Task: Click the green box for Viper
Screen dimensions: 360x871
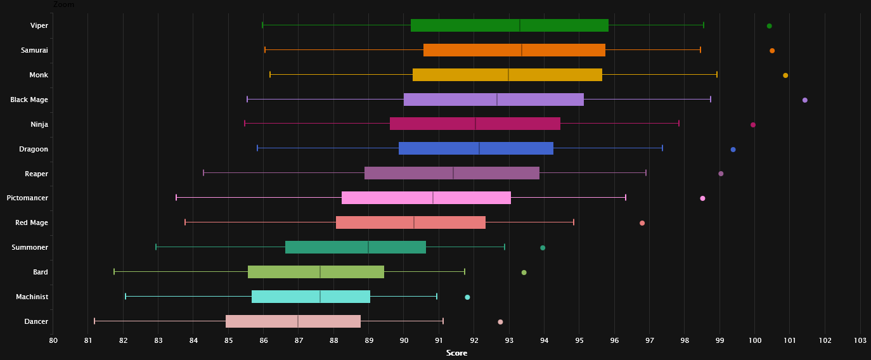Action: (509, 25)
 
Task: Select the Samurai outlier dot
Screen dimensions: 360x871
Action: (772, 51)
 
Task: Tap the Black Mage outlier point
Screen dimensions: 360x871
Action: (805, 100)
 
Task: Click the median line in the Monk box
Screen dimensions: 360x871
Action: (508, 75)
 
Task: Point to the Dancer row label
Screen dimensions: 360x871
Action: (36, 321)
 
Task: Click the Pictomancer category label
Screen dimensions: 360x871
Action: (27, 198)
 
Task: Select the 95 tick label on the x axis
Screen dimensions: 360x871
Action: (579, 341)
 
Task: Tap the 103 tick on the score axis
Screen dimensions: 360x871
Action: (860, 341)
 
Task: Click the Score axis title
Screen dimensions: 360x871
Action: (456, 353)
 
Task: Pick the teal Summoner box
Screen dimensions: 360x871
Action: (356, 247)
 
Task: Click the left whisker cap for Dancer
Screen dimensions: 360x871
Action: (94, 321)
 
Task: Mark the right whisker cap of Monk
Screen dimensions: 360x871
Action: (717, 75)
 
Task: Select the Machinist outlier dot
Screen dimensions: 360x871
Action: (467, 297)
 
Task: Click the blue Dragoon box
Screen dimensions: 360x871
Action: (476, 148)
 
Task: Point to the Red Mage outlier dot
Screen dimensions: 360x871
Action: (642, 223)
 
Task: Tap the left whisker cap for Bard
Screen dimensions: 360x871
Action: (114, 272)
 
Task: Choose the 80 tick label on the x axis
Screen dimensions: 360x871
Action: (53, 341)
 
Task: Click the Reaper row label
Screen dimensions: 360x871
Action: (37, 174)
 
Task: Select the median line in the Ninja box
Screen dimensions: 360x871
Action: (475, 124)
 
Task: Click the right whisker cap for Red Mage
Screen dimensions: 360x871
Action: (574, 222)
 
